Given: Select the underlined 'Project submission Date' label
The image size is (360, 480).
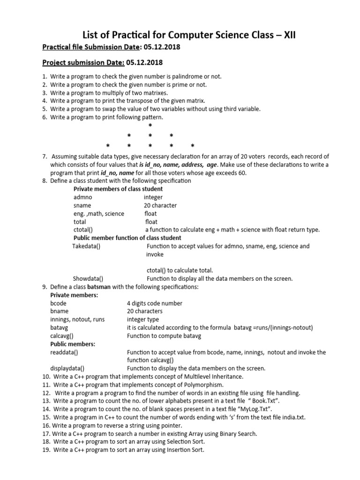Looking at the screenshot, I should (x=83, y=63).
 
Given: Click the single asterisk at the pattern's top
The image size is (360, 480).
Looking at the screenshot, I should (x=150, y=126).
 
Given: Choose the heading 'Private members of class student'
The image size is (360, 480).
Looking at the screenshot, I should (x=118, y=189).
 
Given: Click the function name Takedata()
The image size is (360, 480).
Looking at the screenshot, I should (x=86, y=246).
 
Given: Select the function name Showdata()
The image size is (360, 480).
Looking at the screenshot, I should (x=88, y=278).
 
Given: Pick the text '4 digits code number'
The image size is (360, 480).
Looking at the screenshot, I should (x=154, y=303).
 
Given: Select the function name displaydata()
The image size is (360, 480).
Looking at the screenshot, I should (x=67, y=368).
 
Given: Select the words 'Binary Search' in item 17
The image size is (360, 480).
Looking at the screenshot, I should (x=238, y=434).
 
